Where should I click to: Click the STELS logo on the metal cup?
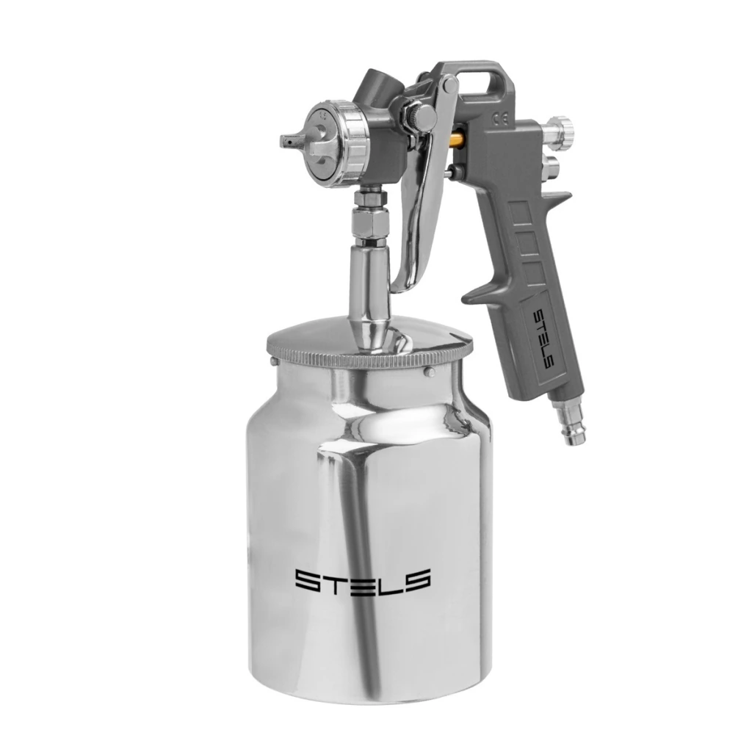(x=362, y=581)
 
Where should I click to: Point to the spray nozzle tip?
(x=288, y=142)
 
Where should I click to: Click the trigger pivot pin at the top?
(x=450, y=84)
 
